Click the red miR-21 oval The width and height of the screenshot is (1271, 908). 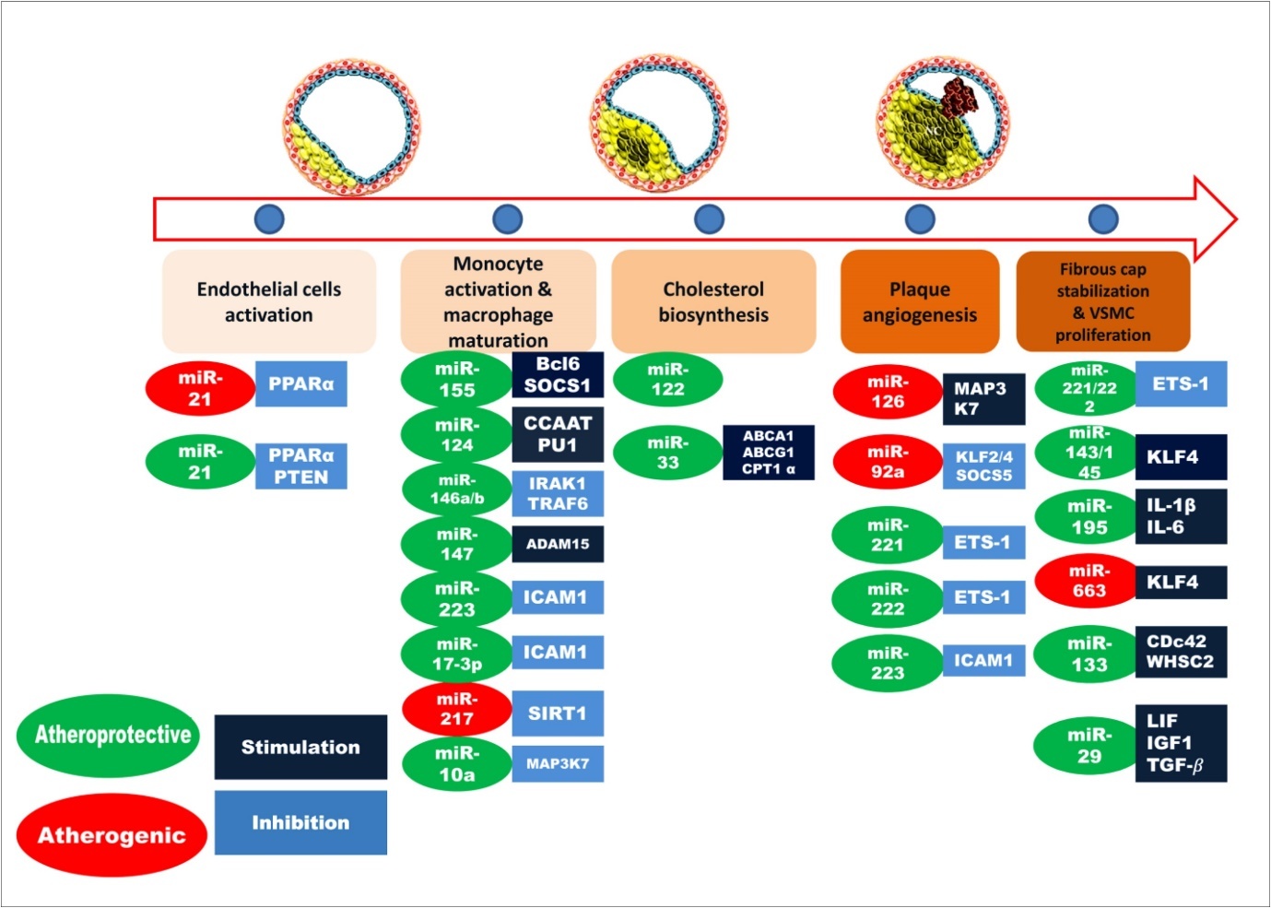tap(200, 389)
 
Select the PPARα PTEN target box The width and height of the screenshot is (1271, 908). tap(300, 466)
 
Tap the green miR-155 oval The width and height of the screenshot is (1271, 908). tap(456, 380)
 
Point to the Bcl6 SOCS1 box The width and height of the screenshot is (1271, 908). tap(558, 375)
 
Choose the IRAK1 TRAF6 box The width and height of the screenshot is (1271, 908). tap(558, 493)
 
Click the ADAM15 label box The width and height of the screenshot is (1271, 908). tap(558, 544)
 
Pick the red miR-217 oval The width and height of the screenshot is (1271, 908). tap(456, 709)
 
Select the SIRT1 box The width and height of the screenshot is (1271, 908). tap(558, 713)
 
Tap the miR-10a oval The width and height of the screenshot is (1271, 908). tap(456, 764)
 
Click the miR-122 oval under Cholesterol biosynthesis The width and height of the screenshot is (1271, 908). tap(667, 380)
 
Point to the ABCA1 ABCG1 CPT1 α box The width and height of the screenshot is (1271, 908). tap(768, 453)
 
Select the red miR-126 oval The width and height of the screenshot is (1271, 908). tap(887, 392)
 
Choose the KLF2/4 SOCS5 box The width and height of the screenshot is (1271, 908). tap(983, 466)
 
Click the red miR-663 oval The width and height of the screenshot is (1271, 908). tap(1089, 582)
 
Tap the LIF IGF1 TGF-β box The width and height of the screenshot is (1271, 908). tap(1180, 743)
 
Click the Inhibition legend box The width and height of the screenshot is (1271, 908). tap(300, 822)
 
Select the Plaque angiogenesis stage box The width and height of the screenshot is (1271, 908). tap(920, 301)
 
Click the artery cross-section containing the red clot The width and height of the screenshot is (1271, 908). tap(942, 124)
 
